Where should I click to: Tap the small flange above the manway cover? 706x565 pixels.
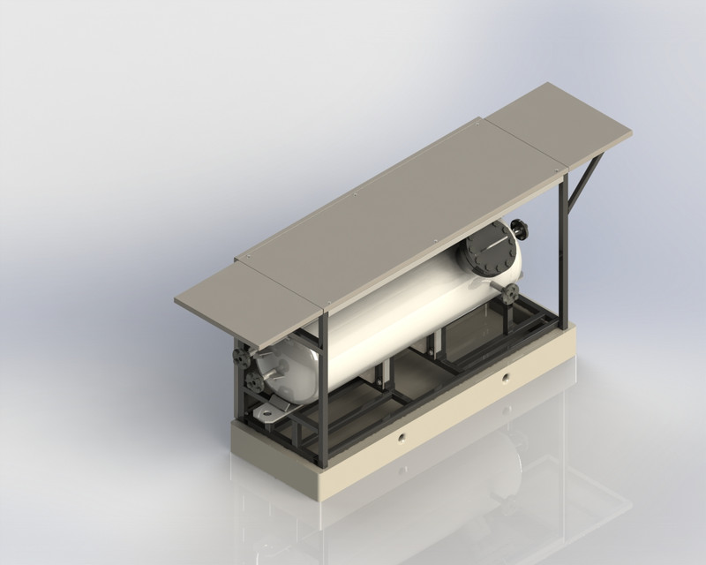pos(520,230)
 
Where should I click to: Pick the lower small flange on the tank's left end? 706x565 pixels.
pos(256,381)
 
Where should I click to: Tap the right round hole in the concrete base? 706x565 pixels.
pos(506,378)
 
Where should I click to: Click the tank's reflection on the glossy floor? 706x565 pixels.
pos(494,477)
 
